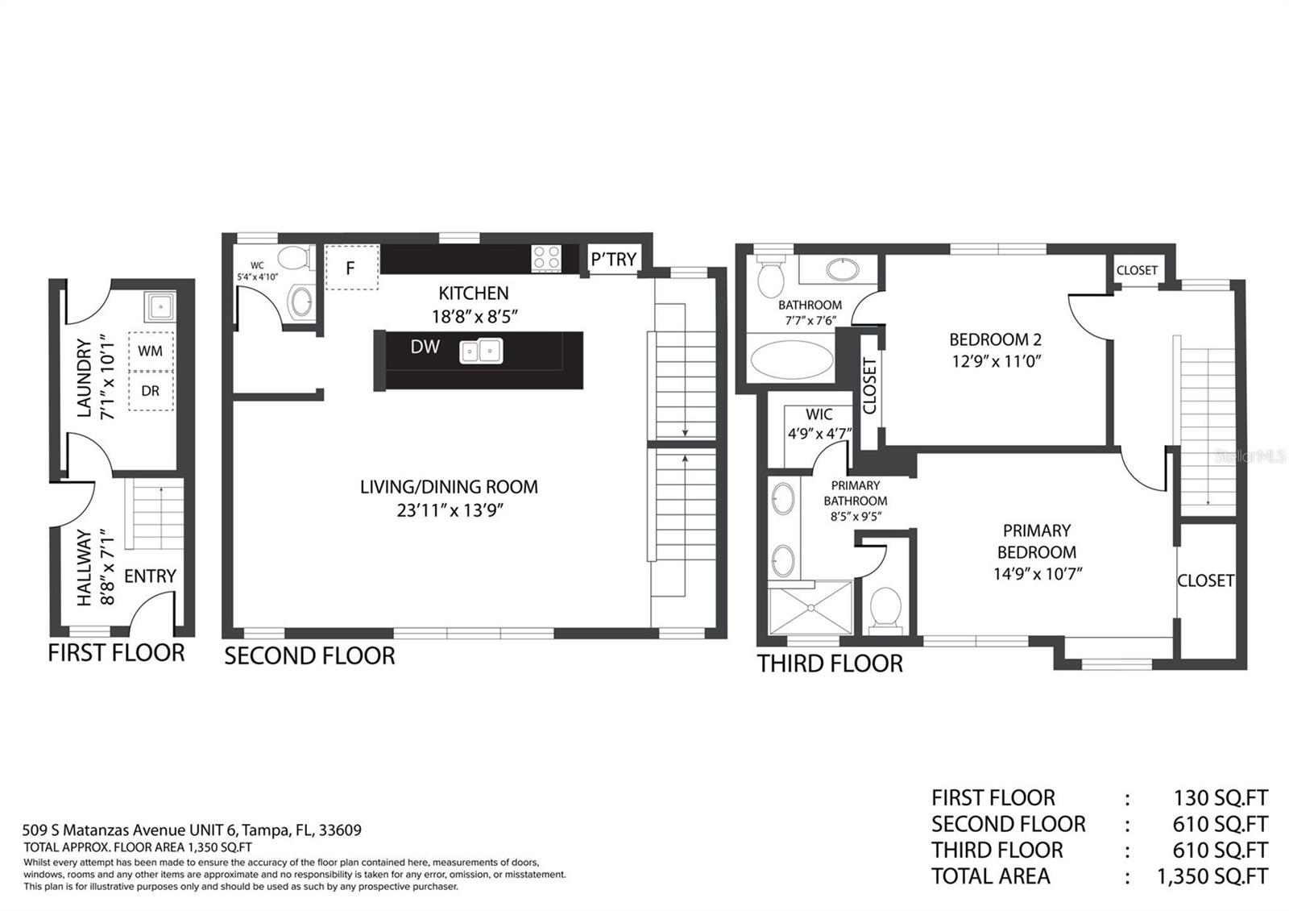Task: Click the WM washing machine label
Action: pos(150,351)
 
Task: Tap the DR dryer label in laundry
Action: pos(150,391)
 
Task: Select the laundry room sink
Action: pos(160,306)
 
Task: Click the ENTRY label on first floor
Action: pos(150,576)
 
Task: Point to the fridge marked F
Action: pos(351,268)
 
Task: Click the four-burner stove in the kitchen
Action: pos(546,258)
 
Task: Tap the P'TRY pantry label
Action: pos(613,260)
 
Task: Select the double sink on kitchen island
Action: pos(481,352)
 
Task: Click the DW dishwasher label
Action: pos(425,347)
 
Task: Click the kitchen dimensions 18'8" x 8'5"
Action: pos(475,317)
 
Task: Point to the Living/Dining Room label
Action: pos(449,487)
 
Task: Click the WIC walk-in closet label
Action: pos(819,414)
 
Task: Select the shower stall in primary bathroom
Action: pos(810,608)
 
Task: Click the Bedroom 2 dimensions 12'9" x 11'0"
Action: pos(996,362)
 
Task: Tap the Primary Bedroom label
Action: pos(1037,541)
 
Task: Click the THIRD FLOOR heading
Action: pos(830,664)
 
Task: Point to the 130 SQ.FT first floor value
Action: pos(1221,798)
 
